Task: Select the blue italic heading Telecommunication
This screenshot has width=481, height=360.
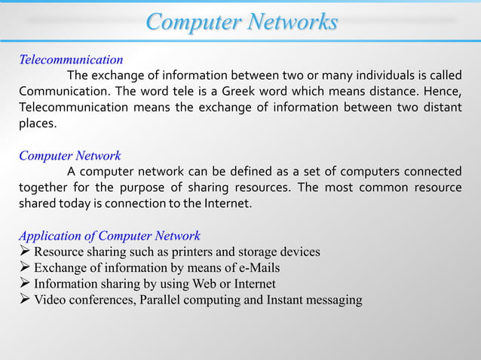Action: click(71, 59)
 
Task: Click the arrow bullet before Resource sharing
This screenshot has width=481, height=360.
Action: click(25, 252)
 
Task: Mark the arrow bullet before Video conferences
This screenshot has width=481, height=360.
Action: click(25, 301)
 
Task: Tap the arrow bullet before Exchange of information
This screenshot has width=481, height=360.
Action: click(25, 267)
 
